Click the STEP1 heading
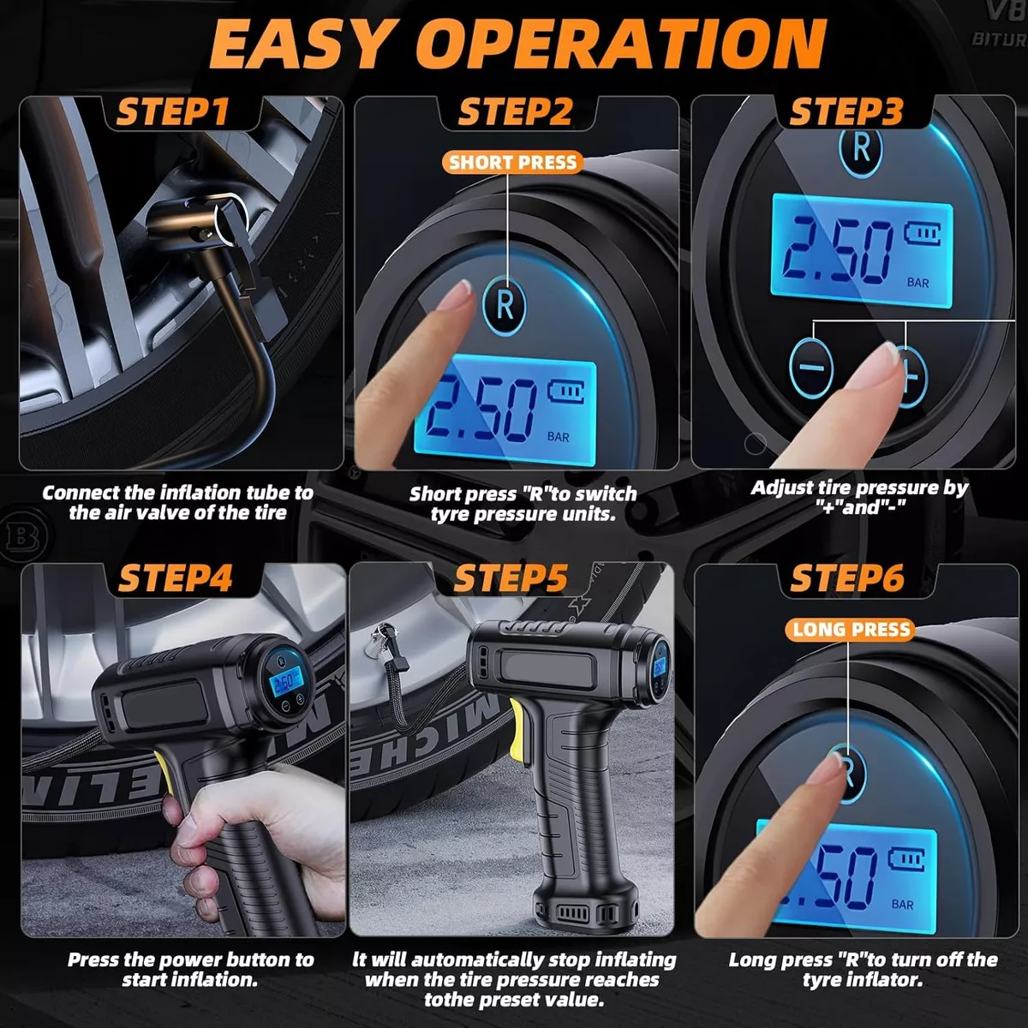[173, 112]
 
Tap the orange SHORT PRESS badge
[512, 162]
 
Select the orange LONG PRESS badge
[851, 630]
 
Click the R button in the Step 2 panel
[505, 304]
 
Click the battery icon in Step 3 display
[922, 234]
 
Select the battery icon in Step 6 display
[907, 858]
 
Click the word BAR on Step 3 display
[917, 282]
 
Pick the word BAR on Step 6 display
[902, 904]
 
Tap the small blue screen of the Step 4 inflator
[284, 681]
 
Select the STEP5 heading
[511, 579]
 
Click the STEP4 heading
[175, 579]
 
